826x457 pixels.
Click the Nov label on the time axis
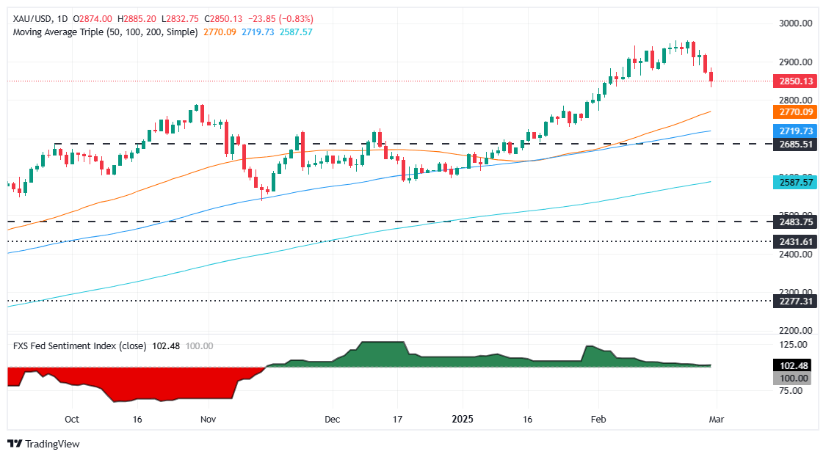pos(208,420)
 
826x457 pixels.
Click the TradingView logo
pos(43,444)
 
